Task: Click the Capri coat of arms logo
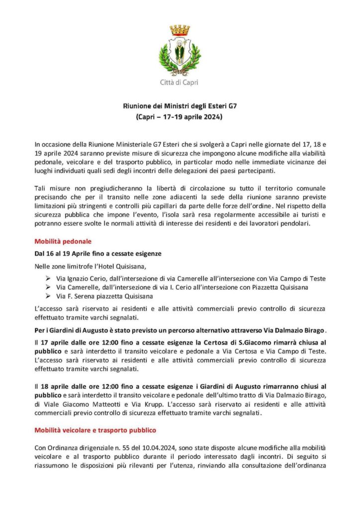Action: coord(179,50)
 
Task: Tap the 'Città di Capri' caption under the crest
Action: coord(179,83)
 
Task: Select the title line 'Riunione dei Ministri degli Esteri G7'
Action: coord(180,106)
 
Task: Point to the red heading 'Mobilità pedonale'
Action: coord(63,242)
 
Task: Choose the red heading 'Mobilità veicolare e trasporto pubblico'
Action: coord(95,429)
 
